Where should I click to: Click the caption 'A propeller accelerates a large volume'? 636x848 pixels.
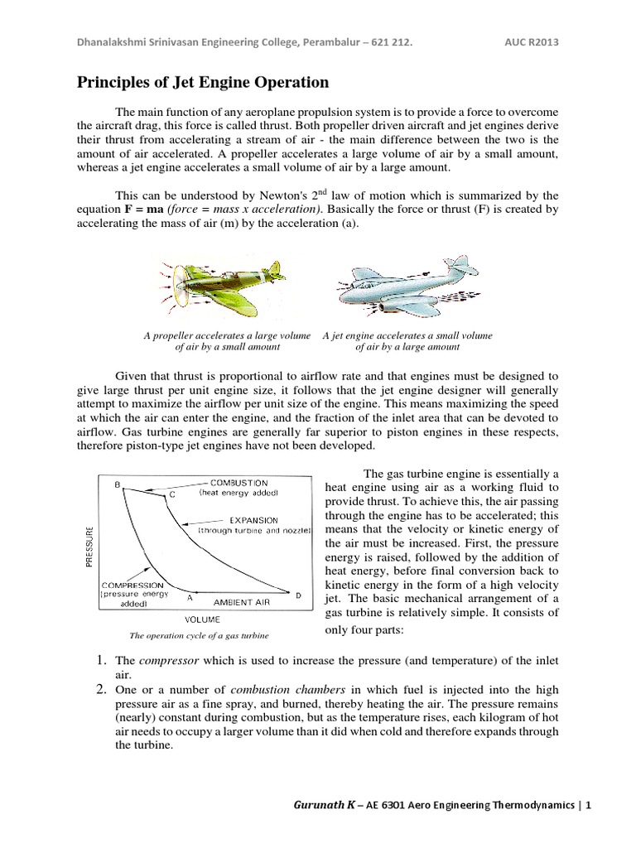point(227,335)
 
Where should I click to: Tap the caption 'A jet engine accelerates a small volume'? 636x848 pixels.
point(407,335)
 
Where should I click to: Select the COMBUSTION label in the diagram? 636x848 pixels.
point(238,482)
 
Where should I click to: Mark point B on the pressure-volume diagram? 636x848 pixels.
point(118,484)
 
